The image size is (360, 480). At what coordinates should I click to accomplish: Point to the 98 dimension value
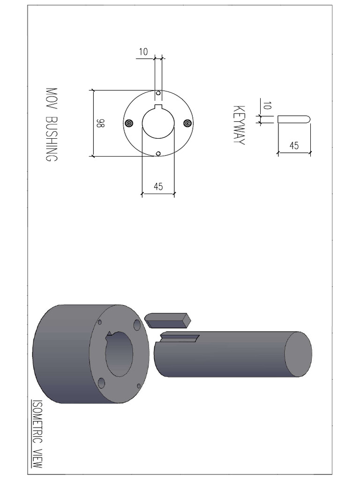tap(100, 123)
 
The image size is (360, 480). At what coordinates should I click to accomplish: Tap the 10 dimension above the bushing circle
tap(143, 52)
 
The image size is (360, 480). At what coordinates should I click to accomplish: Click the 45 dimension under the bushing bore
tap(158, 187)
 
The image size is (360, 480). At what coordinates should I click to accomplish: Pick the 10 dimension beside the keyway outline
tap(267, 106)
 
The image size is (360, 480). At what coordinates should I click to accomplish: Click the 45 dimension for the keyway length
tap(294, 146)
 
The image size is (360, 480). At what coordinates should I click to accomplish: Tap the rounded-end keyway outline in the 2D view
tap(293, 120)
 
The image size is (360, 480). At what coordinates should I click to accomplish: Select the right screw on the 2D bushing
tap(187, 123)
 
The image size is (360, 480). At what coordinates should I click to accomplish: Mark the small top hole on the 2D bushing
tap(158, 93)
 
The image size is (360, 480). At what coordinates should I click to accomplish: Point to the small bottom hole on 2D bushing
tap(158, 153)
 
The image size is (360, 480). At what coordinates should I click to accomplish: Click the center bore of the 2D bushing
tap(158, 123)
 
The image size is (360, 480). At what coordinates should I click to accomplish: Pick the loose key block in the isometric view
tap(168, 320)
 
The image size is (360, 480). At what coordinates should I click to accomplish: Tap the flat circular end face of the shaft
tap(299, 354)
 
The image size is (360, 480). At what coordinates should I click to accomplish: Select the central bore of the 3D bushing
tap(120, 354)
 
